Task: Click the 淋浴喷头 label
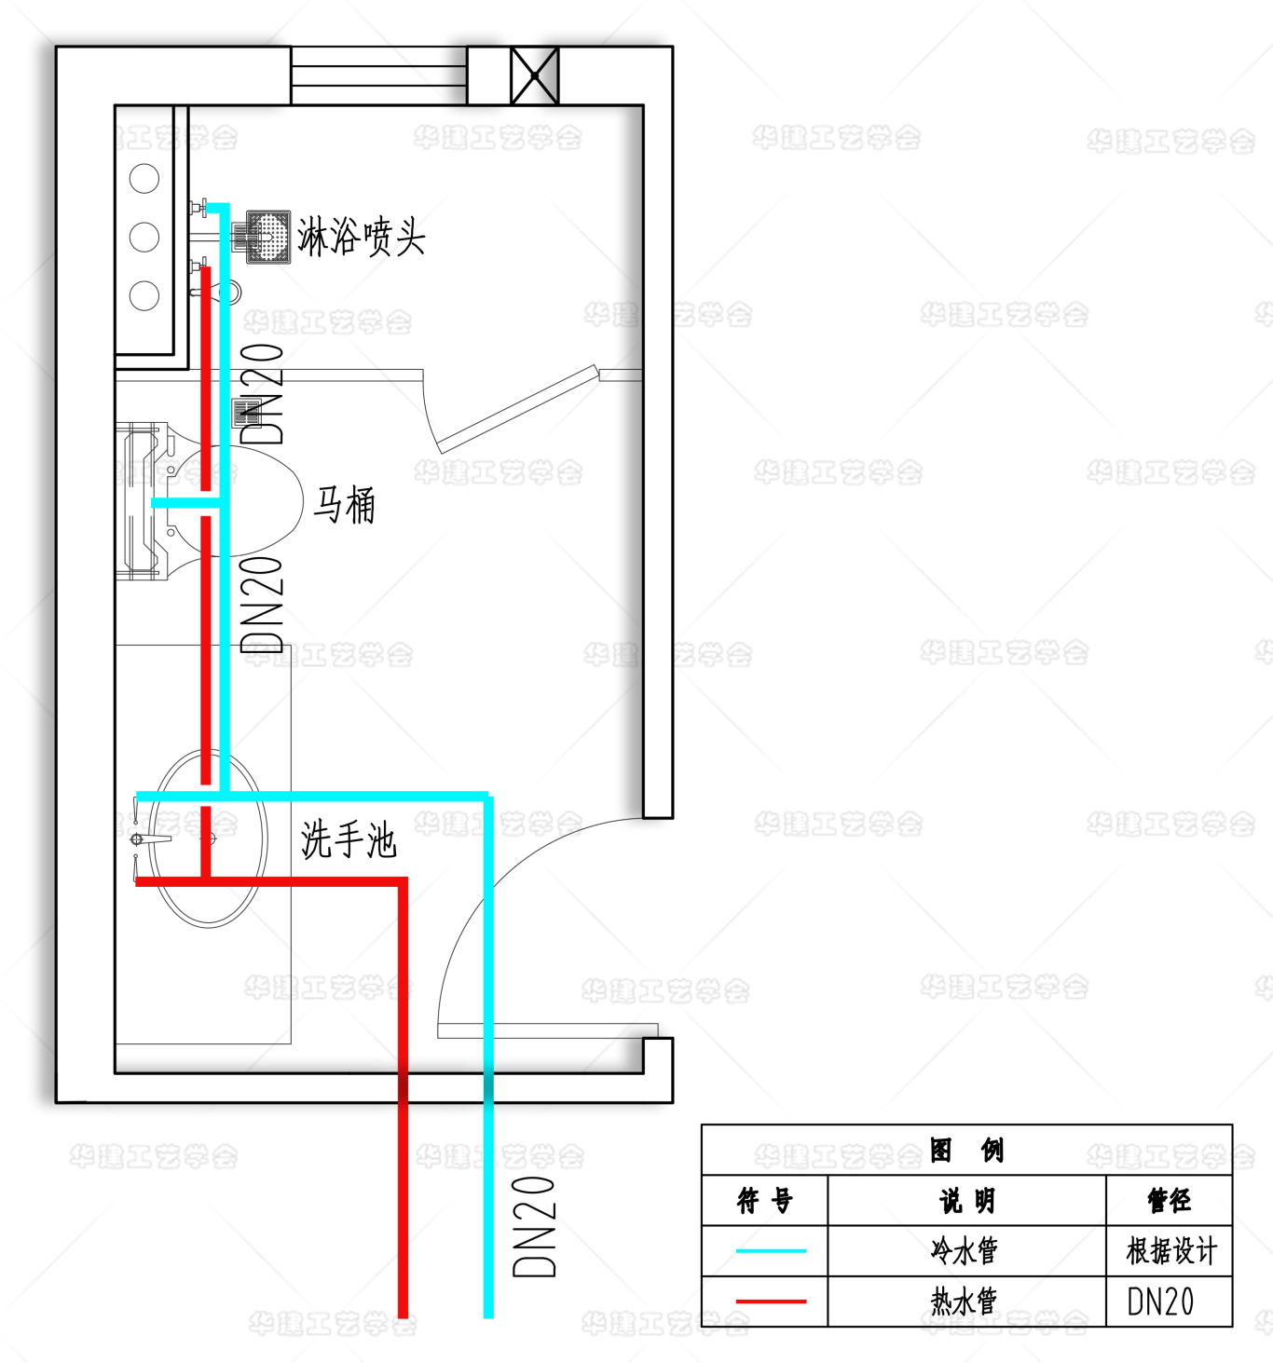[362, 237]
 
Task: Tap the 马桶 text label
[345, 505]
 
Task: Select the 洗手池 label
[349, 839]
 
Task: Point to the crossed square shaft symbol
[535, 75]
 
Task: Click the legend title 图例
[966, 1151]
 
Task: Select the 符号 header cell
[764, 1200]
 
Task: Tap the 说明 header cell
[966, 1200]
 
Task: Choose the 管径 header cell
[1169, 1200]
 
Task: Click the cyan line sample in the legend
[771, 1250]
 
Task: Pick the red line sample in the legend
[771, 1301]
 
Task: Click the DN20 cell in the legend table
[1160, 1302]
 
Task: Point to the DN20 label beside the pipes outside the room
[535, 1226]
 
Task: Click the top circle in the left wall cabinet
[144, 178]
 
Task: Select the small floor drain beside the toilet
[245, 412]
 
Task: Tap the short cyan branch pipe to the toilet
[186, 503]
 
